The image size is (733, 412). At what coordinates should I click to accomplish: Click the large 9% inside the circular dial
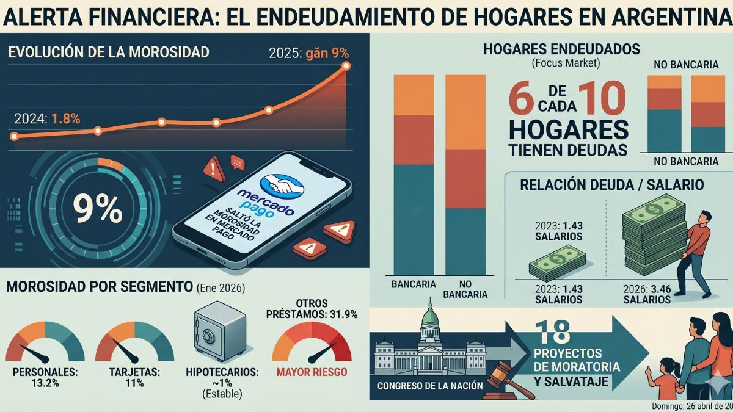click(97, 209)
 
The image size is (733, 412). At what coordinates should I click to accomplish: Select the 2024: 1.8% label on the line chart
click(46, 119)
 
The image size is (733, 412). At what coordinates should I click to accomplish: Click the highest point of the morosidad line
click(346, 65)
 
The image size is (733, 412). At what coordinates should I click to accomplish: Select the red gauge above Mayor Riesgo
click(312, 345)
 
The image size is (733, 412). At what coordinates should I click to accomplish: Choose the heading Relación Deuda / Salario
click(611, 184)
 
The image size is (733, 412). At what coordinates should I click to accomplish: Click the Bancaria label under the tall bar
click(414, 284)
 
